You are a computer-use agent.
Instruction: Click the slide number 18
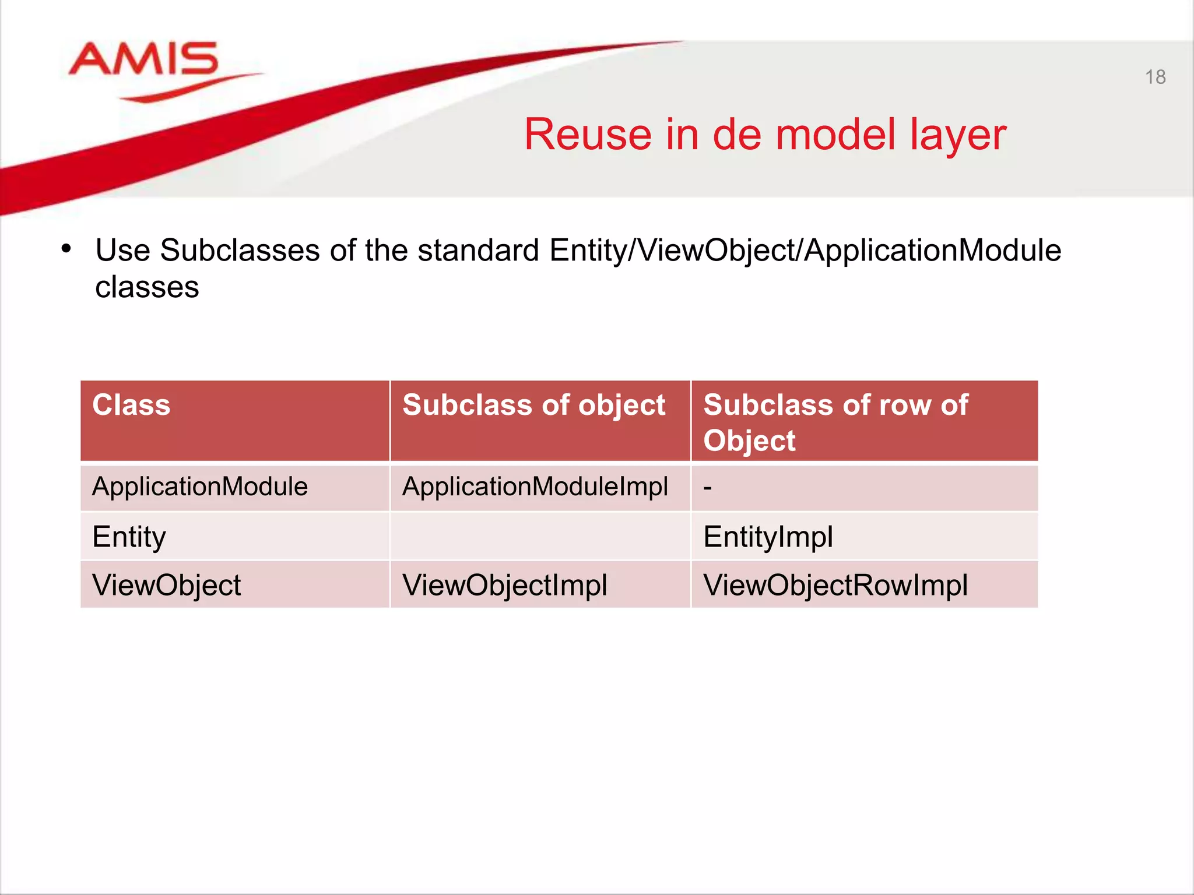pos(1155,77)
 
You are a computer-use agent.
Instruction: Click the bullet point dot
pos(66,249)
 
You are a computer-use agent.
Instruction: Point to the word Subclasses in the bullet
pos(239,251)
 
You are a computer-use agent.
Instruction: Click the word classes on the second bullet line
pos(147,287)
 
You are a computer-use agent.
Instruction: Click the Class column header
pos(132,405)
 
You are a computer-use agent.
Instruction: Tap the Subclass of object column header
pos(533,405)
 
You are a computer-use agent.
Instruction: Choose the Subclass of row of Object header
pos(835,422)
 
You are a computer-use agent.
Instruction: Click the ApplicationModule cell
pos(200,487)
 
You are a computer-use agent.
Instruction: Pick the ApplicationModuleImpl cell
pos(535,487)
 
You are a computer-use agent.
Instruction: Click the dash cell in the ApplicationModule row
pos(708,487)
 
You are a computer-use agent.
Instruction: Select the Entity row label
pos(129,537)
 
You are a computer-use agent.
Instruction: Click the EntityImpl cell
pos(768,537)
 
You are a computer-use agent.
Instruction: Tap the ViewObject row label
pos(167,585)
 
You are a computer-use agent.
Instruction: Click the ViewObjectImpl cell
pos(504,585)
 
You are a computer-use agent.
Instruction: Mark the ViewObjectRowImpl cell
pos(835,585)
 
